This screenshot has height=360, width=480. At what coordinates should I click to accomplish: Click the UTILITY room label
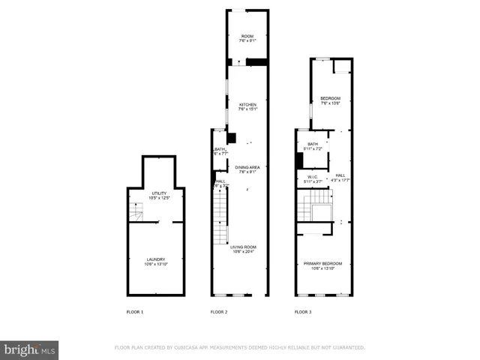click(x=158, y=193)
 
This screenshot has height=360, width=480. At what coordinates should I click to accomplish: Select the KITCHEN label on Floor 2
click(x=247, y=104)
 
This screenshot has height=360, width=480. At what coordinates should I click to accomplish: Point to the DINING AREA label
click(x=247, y=167)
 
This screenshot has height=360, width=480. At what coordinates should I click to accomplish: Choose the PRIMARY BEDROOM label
click(x=322, y=263)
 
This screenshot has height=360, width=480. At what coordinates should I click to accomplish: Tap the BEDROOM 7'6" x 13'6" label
click(x=330, y=99)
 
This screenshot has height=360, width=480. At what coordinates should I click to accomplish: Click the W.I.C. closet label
click(x=311, y=177)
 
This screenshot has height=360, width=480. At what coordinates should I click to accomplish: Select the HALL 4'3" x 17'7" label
click(x=340, y=175)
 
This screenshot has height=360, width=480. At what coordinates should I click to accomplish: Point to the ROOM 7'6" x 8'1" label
click(x=247, y=36)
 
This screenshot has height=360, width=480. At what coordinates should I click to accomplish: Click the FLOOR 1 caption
click(x=134, y=311)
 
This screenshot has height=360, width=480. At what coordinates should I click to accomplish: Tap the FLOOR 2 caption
click(x=219, y=311)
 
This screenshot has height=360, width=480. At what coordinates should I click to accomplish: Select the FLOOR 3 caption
click(x=303, y=311)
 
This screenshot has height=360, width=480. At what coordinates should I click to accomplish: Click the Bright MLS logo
click(x=29, y=349)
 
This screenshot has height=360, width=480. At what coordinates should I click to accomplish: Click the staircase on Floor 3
click(x=321, y=205)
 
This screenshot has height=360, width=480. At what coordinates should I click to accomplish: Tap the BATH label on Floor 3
click(x=313, y=144)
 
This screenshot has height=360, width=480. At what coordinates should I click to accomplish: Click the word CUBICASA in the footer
click(x=197, y=347)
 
